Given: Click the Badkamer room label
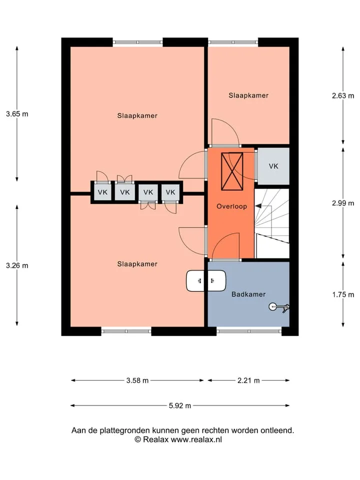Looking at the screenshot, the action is (248, 294).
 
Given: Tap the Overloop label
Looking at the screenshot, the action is (231, 206).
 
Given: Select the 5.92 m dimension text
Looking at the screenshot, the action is (180, 405).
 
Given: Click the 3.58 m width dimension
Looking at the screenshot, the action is (137, 380).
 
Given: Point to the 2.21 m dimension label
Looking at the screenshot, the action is (248, 380).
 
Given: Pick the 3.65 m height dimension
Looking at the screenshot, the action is (17, 114).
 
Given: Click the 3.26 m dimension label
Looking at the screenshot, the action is (17, 265).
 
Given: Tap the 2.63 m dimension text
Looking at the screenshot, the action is (343, 96).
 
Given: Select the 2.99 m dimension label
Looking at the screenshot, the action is (343, 203).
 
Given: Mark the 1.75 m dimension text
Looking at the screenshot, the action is (343, 294).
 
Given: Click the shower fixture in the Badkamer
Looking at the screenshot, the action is (279, 307).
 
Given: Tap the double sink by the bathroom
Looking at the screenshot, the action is (206, 280).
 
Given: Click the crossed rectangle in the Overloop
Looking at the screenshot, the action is (232, 171).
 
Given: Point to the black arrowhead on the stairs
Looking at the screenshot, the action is (258, 206).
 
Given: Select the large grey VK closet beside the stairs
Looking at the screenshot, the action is (273, 166).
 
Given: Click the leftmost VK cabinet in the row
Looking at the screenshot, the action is (102, 192).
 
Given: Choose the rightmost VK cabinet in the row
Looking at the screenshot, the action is (170, 192).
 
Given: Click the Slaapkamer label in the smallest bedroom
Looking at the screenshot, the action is (248, 95).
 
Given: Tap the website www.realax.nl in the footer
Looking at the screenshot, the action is (196, 439).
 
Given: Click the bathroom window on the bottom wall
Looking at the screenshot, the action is (249, 331).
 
